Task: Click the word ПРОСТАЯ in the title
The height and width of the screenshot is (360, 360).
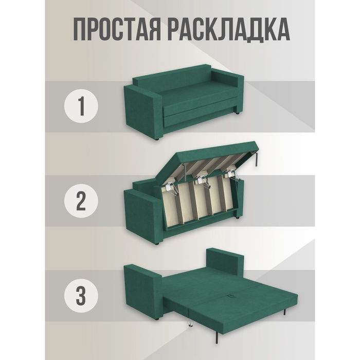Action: click(117, 30)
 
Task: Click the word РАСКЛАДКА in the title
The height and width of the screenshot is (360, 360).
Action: click(229, 30)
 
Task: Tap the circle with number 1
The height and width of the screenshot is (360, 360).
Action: click(81, 106)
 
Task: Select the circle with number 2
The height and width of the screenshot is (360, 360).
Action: click(81, 201)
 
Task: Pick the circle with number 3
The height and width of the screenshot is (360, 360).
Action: click(81, 296)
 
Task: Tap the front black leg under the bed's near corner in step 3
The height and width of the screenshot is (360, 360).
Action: click(217, 335)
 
